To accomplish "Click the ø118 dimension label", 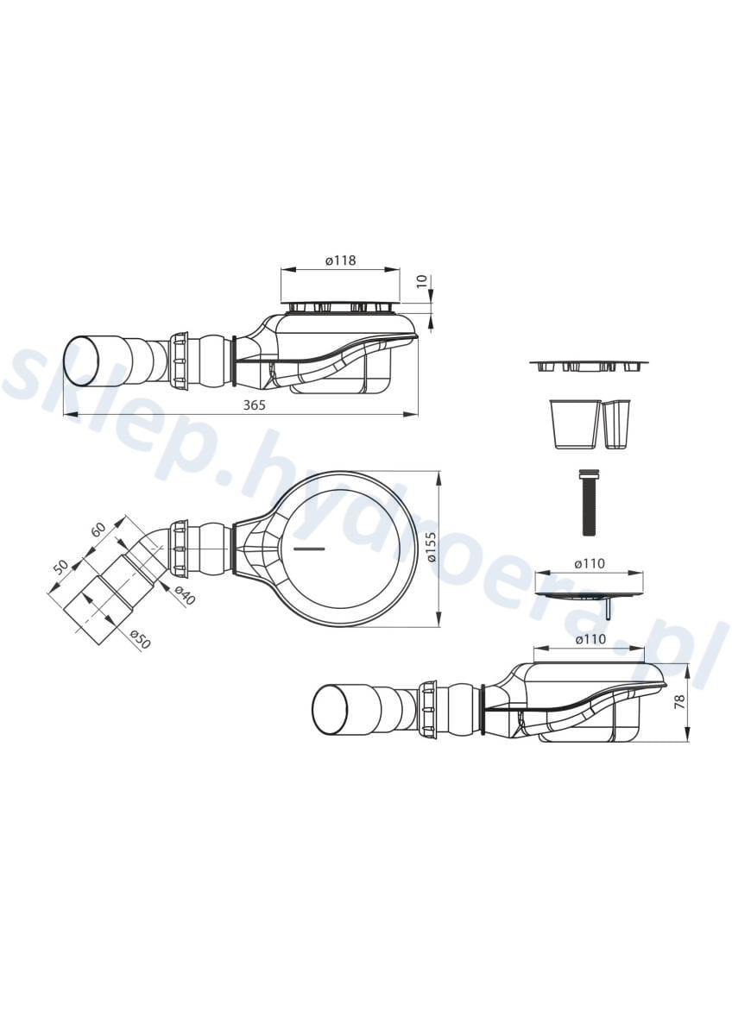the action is click(x=340, y=260).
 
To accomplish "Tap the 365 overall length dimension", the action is click(x=255, y=405).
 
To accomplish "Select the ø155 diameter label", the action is click(x=432, y=548).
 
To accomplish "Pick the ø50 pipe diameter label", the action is click(x=141, y=639).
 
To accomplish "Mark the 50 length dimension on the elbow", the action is click(x=60, y=566).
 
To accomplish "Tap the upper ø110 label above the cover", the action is click(x=590, y=564).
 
